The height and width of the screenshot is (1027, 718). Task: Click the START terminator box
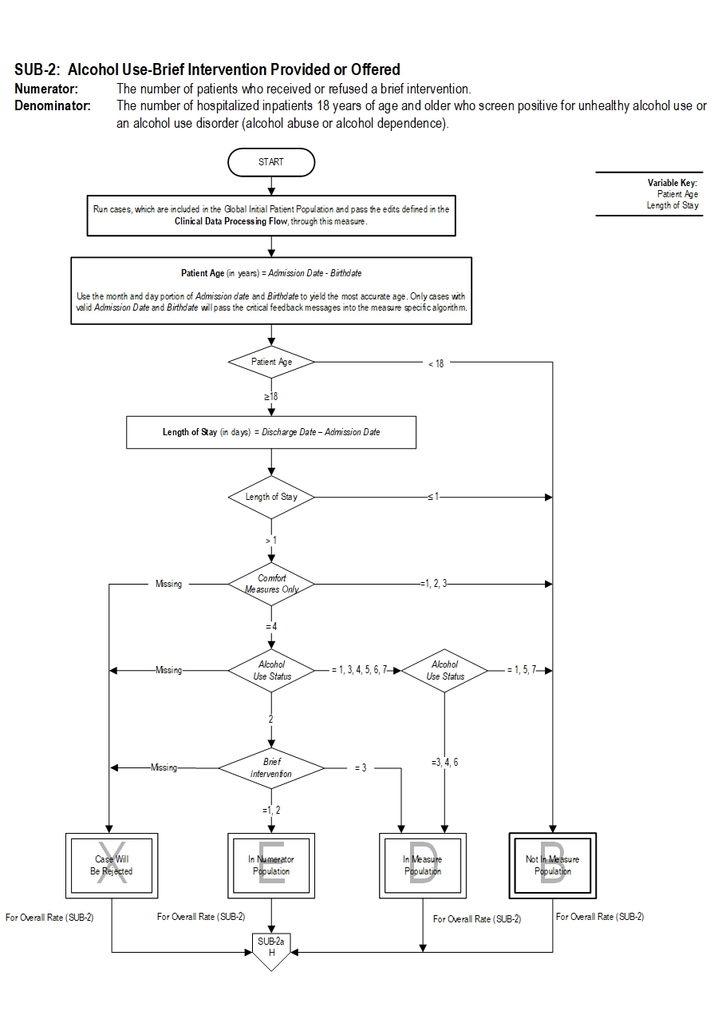point(271,162)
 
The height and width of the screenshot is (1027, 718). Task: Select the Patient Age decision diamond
point(271,362)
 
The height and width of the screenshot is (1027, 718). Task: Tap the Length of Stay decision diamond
point(271,497)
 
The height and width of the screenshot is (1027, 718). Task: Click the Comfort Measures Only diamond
point(271,584)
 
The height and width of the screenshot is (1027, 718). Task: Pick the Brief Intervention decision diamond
point(271,767)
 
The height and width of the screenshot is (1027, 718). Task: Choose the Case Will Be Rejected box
point(111,866)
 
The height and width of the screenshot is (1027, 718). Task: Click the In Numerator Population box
point(271,866)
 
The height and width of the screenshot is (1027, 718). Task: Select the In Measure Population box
point(423,866)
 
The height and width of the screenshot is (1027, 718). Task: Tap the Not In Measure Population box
point(552,866)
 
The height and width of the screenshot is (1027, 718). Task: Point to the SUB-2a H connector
point(271,949)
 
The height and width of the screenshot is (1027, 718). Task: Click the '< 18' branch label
point(436,363)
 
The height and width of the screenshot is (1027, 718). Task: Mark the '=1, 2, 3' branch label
point(433,584)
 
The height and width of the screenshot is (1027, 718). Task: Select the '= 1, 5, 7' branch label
point(523,671)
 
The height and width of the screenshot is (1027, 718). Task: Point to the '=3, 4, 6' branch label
point(444,763)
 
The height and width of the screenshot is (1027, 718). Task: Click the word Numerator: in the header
point(46,89)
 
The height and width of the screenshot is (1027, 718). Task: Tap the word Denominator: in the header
point(53,105)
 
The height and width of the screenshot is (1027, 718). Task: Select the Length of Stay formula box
point(271,432)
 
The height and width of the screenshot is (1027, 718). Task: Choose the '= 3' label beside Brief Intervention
point(361,768)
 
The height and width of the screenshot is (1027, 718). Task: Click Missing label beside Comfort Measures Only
point(168,584)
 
